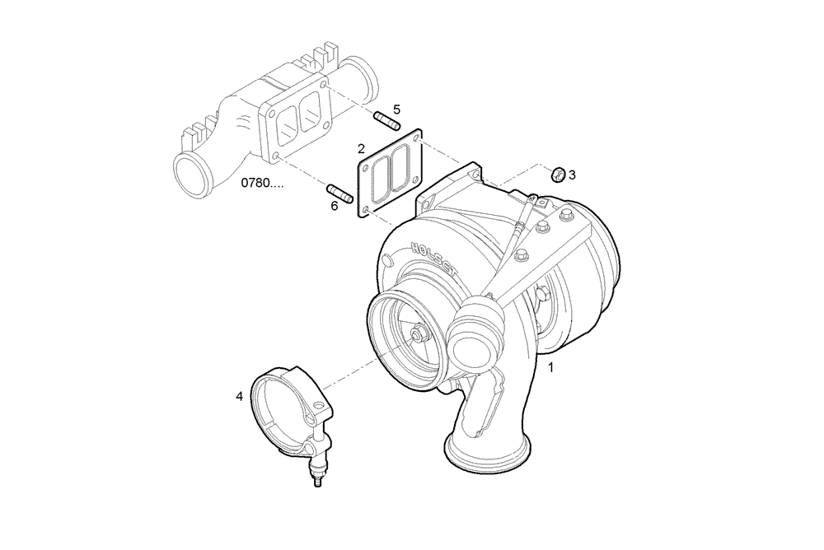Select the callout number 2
pyautogui.click(x=361, y=149)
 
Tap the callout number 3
pyautogui.click(x=572, y=175)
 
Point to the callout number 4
pyautogui.click(x=239, y=396)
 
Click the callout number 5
pyautogui.click(x=396, y=110)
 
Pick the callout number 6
pyautogui.click(x=335, y=206)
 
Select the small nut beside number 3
pyautogui.click(x=557, y=173)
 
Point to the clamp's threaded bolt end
pyautogui.click(x=316, y=479)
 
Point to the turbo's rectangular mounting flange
pyautogui.click(x=448, y=190)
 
